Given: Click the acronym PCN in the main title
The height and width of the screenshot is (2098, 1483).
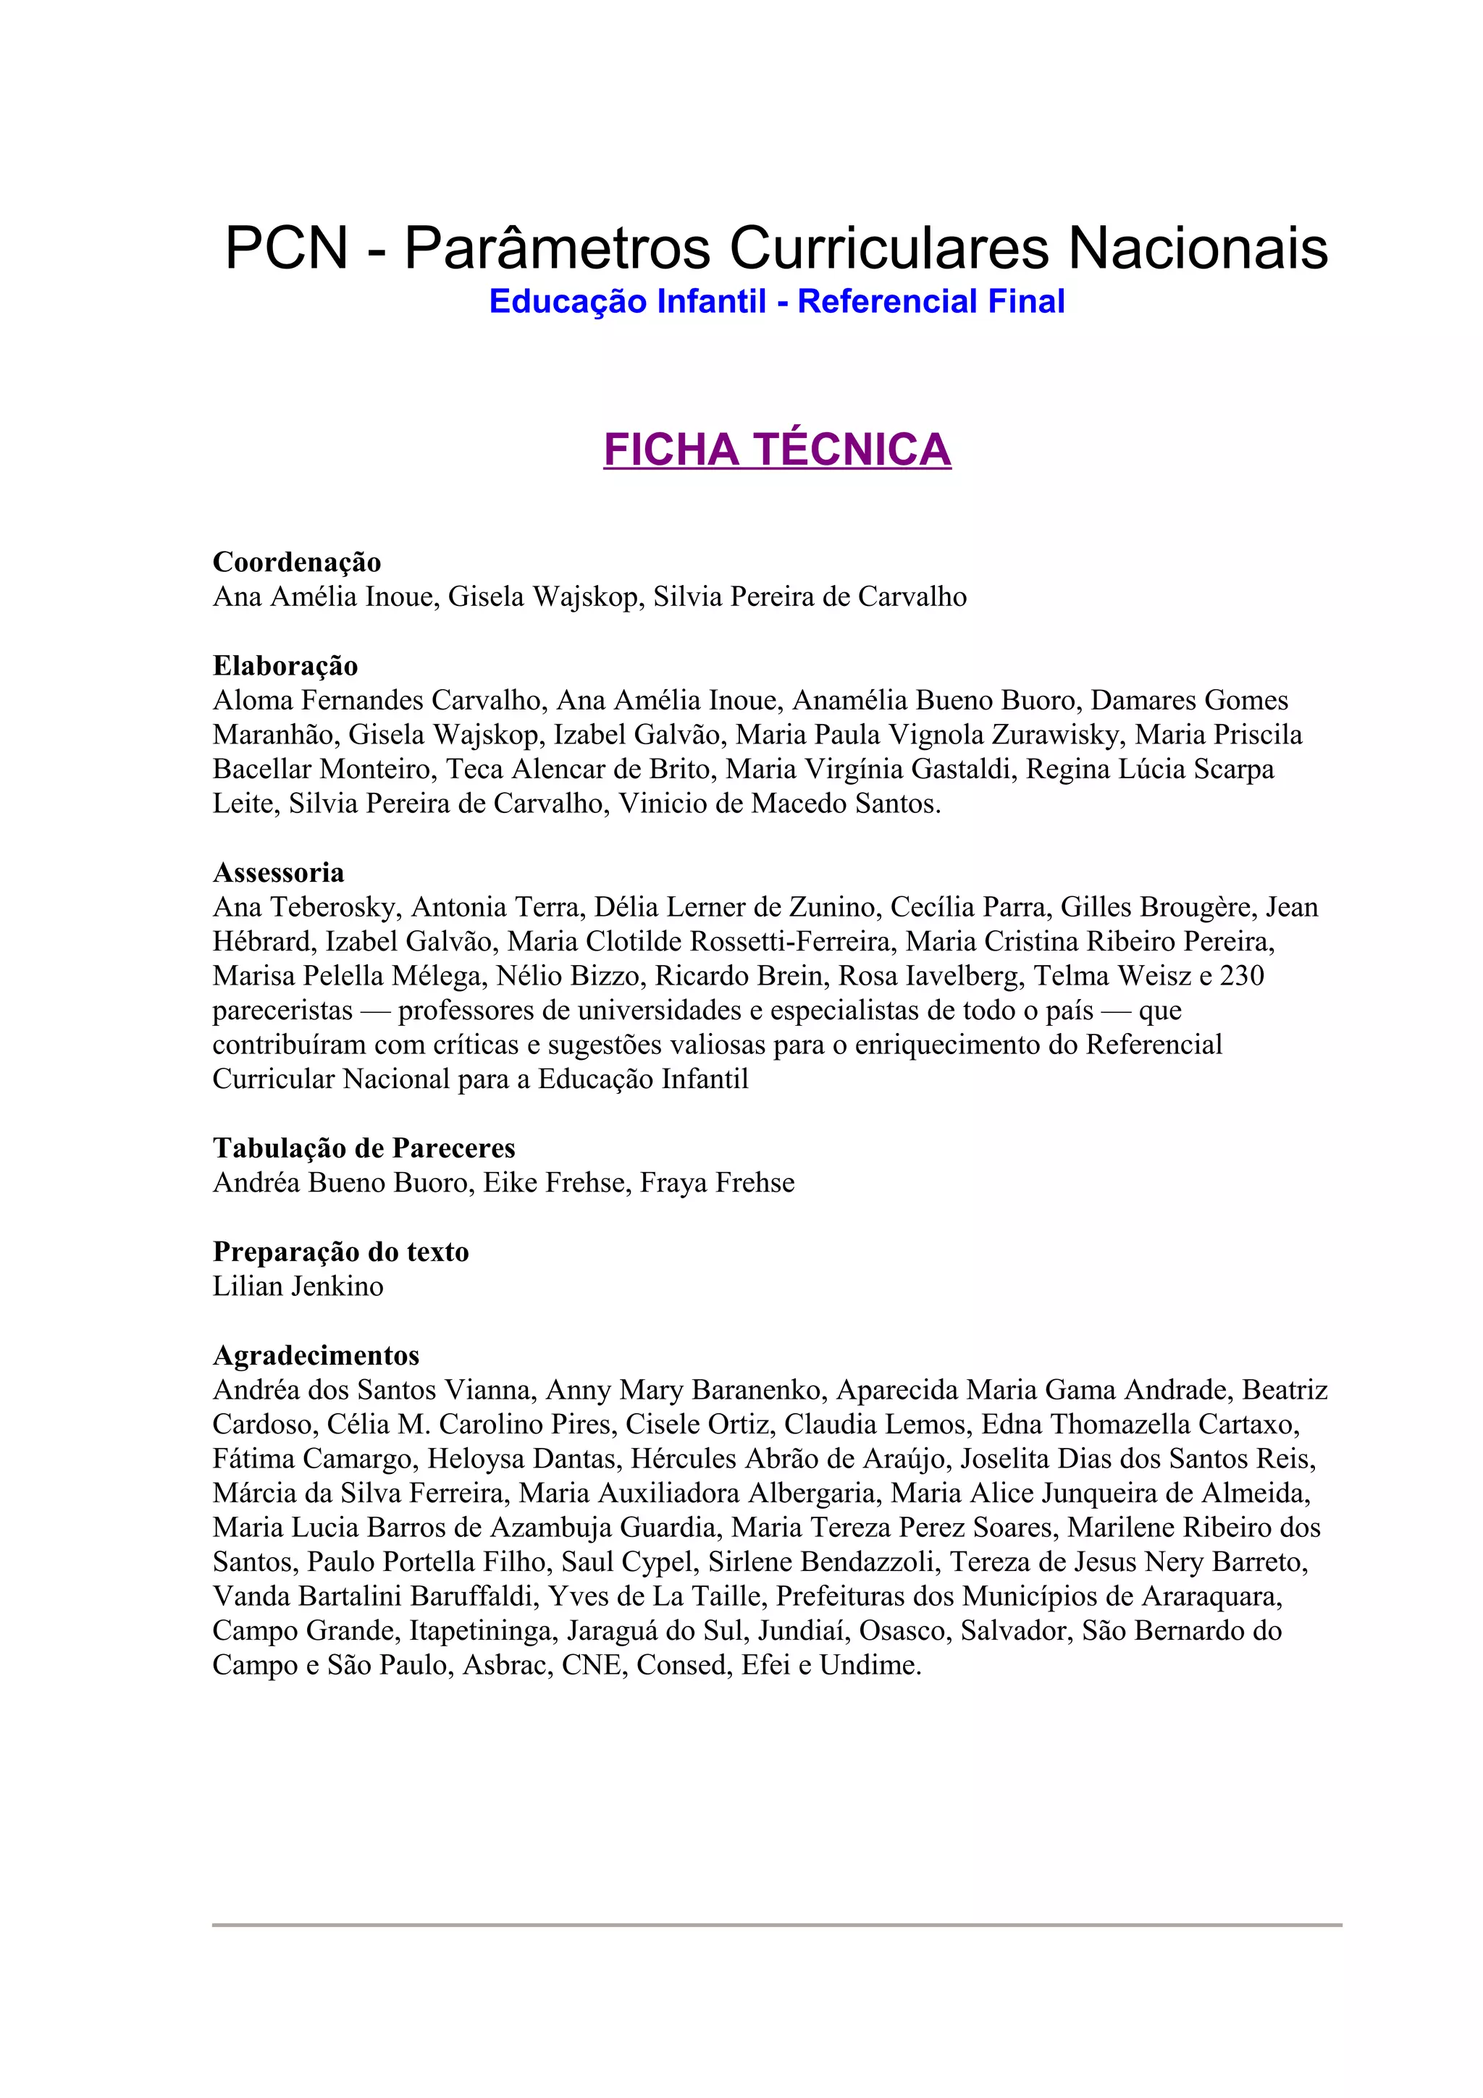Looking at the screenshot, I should tap(286, 248).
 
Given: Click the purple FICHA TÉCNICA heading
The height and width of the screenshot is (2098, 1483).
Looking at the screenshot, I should tap(777, 450).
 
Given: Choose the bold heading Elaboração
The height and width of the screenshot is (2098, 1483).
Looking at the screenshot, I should tap(285, 665).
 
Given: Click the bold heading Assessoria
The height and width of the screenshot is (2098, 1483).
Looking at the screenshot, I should tap(279, 872).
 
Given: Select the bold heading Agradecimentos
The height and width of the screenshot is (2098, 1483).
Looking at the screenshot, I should tap(316, 1355).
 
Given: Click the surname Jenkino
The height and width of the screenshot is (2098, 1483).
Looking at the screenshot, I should tap(338, 1286).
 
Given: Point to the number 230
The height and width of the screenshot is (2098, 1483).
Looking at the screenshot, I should tap(1242, 976).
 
